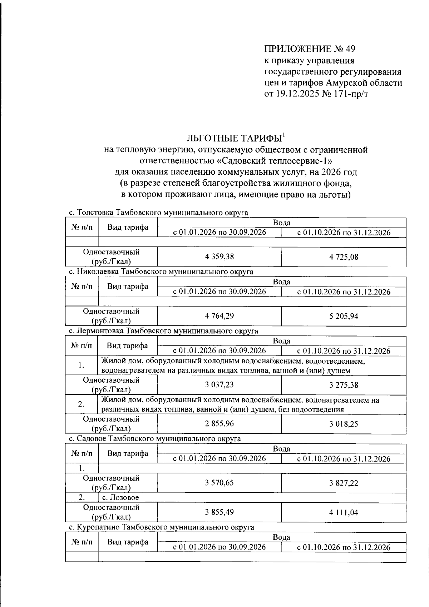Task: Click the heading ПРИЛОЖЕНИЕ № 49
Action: [310, 49]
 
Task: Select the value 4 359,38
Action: [220, 257]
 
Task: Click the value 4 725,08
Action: [344, 257]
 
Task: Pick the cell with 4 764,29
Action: [220, 316]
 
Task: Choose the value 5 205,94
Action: [344, 316]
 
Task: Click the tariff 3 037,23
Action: [220, 385]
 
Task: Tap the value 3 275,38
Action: [344, 385]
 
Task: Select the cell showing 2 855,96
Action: [220, 424]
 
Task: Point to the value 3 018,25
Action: [344, 424]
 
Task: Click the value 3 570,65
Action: [220, 483]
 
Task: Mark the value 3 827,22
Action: [344, 483]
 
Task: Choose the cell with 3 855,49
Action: [220, 512]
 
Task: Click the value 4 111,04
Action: [344, 512]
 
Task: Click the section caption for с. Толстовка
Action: [158, 213]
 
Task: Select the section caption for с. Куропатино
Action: [161, 527]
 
